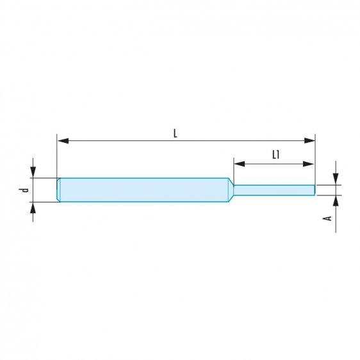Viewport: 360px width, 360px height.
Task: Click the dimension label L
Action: (175, 133)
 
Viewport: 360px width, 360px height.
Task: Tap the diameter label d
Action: (24, 190)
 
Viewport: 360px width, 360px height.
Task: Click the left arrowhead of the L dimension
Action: (61, 140)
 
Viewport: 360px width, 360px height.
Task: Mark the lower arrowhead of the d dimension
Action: (32, 207)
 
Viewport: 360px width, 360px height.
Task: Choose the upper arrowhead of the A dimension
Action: (334, 180)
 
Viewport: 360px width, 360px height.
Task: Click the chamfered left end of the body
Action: (59, 190)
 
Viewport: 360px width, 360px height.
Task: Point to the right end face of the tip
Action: (315, 190)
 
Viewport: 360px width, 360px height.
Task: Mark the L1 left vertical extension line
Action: (233, 172)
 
